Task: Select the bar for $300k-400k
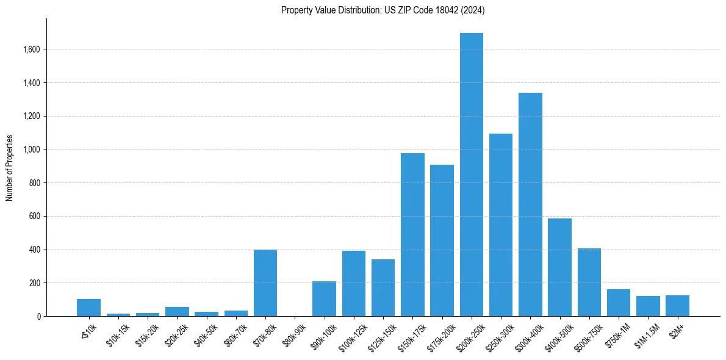coord(530,204)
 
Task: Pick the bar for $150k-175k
coord(412,235)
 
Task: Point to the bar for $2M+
coord(677,306)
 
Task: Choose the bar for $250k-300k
coord(501,225)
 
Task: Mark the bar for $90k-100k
coord(324,299)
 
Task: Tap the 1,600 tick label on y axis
coord(32,49)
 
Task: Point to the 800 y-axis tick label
coord(35,183)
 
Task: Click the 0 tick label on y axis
coord(38,317)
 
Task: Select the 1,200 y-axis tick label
coord(32,116)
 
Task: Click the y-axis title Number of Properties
coord(9,168)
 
